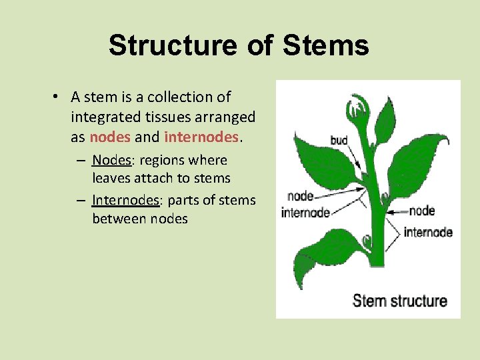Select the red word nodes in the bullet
(x=109, y=137)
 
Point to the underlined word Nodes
(x=111, y=161)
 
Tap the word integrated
(x=105, y=117)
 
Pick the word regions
(x=164, y=161)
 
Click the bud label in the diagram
(x=339, y=141)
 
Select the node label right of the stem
(x=421, y=211)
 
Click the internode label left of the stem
(x=305, y=213)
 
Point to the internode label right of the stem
(x=428, y=233)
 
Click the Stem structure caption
(x=399, y=301)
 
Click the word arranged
(x=228, y=117)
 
